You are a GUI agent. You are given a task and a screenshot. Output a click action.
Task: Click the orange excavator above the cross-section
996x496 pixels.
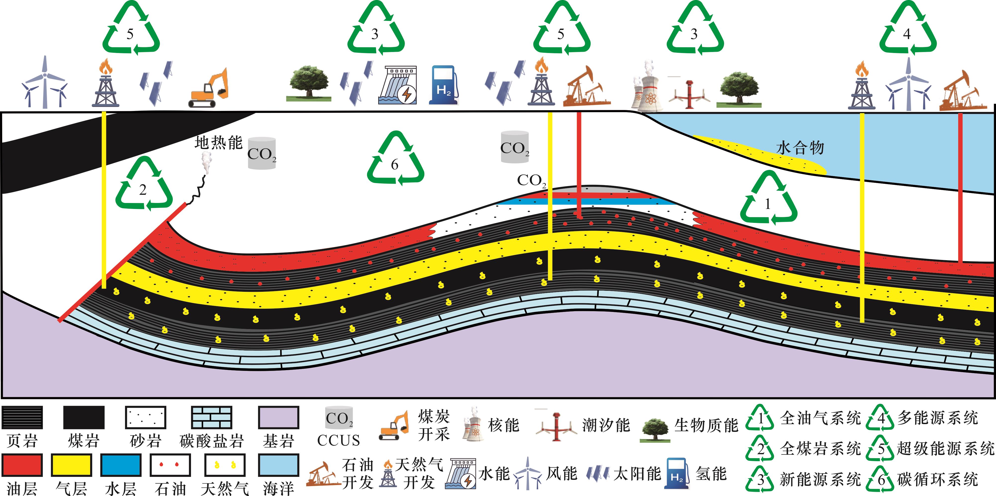click(209, 89)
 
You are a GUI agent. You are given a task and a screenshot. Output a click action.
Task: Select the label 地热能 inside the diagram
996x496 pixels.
click(218, 142)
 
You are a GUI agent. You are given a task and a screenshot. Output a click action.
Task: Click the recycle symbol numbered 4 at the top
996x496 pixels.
click(907, 29)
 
